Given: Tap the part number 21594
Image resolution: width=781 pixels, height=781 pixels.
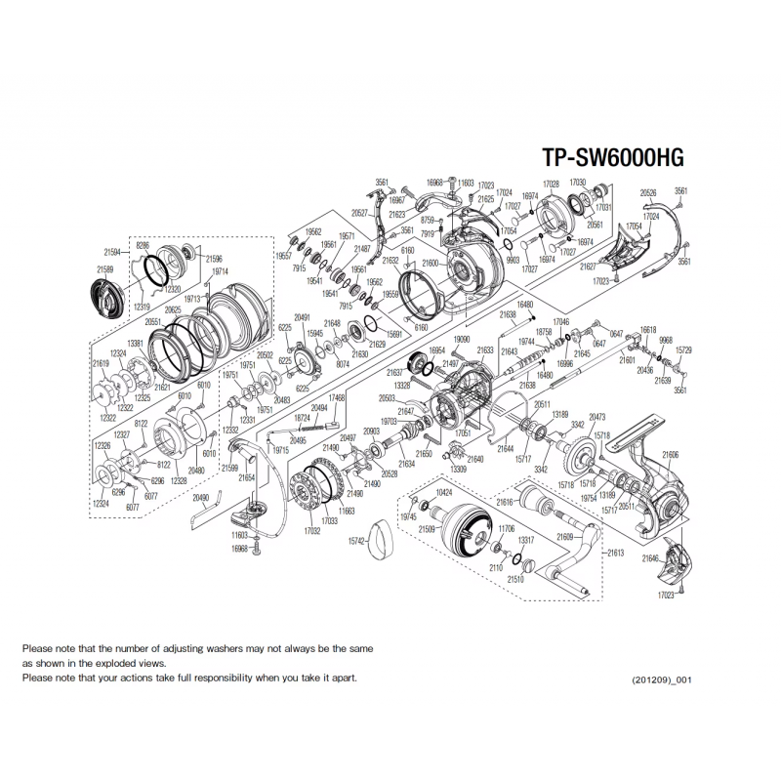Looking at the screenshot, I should (113, 251).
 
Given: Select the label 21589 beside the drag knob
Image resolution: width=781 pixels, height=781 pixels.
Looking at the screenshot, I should (104, 267).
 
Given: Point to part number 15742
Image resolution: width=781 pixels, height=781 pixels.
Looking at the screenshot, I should (356, 541).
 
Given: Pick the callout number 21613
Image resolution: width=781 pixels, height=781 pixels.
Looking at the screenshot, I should (615, 552).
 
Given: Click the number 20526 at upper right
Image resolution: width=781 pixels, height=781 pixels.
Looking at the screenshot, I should (648, 192).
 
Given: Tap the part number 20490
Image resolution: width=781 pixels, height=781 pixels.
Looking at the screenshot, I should (200, 497).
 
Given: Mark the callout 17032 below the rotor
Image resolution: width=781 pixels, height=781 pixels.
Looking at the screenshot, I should (313, 533).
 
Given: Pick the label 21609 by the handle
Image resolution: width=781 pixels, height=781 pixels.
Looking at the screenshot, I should (565, 537).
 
